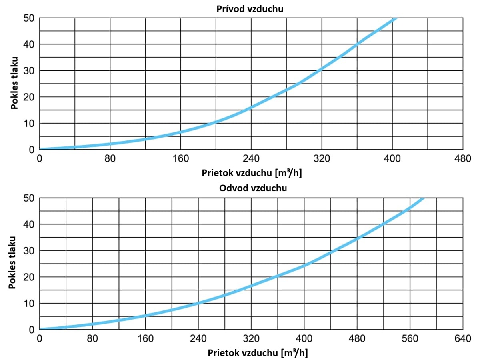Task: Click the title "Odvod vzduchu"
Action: (x=253, y=188)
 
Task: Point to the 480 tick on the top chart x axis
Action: (x=463, y=158)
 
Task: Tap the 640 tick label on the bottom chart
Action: (x=463, y=339)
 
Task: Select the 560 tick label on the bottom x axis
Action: (x=410, y=339)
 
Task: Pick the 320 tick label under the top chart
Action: (x=322, y=158)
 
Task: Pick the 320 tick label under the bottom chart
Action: (x=251, y=339)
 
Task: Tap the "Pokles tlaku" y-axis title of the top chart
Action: (x=15, y=84)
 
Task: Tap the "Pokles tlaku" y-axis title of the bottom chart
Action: (x=15, y=264)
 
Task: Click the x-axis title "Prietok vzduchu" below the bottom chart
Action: (x=258, y=353)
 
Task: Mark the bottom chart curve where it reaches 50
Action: (x=422, y=198)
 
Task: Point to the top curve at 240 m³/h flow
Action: (x=251, y=107)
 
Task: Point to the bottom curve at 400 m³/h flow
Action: (x=304, y=266)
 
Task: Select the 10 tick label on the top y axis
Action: (x=31, y=123)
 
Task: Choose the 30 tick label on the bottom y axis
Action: (x=31, y=251)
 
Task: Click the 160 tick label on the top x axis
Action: (x=180, y=158)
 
